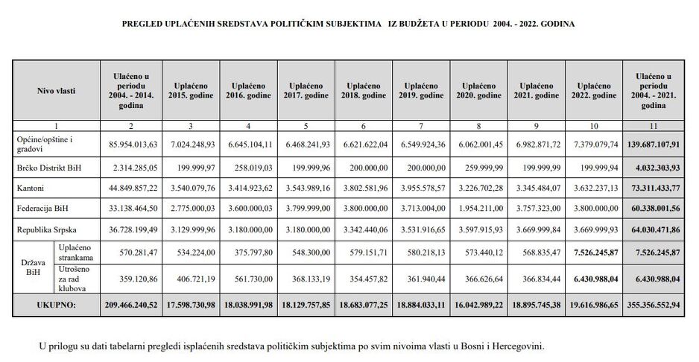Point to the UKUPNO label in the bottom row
pos(56,305)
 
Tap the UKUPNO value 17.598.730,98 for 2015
pos(190,305)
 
